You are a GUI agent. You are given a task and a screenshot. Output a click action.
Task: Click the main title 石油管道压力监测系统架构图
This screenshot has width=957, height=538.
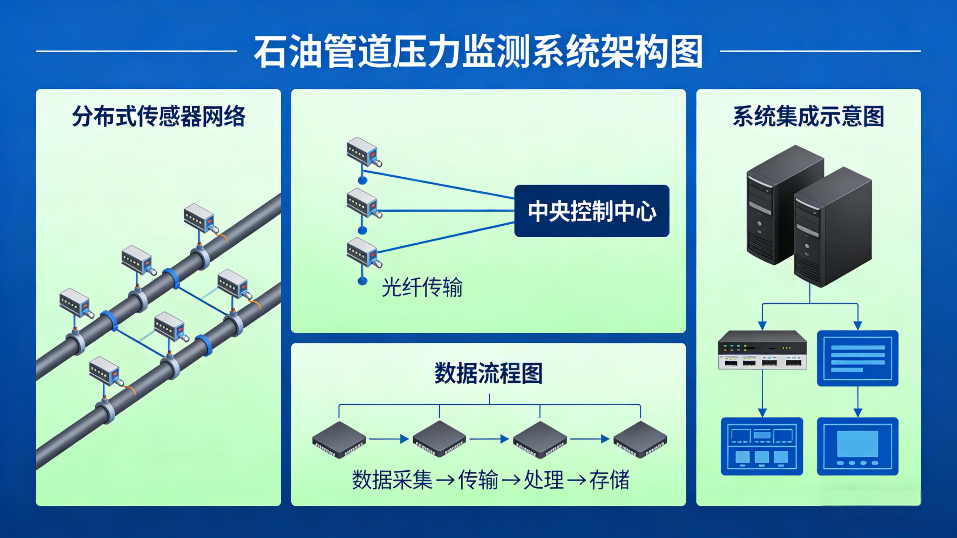[478, 52]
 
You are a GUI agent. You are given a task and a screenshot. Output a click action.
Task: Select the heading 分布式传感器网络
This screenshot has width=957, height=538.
[159, 116]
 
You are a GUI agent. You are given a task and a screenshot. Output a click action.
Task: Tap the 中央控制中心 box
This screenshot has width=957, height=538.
[591, 211]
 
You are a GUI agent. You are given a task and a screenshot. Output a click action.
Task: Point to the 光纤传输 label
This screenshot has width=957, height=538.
[422, 287]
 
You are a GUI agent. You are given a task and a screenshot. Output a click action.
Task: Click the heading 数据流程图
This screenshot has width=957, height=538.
[489, 373]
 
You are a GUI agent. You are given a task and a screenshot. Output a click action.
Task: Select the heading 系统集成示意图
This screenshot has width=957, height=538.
[808, 116]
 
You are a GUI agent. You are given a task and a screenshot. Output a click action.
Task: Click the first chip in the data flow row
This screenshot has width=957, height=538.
[339, 439]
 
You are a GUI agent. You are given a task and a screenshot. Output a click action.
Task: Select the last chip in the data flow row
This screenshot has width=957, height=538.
[640, 439]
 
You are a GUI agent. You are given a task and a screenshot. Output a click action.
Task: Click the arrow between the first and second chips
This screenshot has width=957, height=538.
[389, 439]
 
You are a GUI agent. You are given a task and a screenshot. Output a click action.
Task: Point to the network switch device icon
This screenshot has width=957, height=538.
[762, 350]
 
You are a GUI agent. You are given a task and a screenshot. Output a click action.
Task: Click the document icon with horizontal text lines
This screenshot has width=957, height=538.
[857, 358]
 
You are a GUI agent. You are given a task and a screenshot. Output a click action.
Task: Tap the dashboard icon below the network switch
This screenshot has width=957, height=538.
[762, 446]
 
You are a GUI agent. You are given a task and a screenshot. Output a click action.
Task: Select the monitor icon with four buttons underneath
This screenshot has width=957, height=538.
[857, 446]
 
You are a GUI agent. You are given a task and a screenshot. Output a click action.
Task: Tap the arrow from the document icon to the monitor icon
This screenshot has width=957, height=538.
[857, 401]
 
